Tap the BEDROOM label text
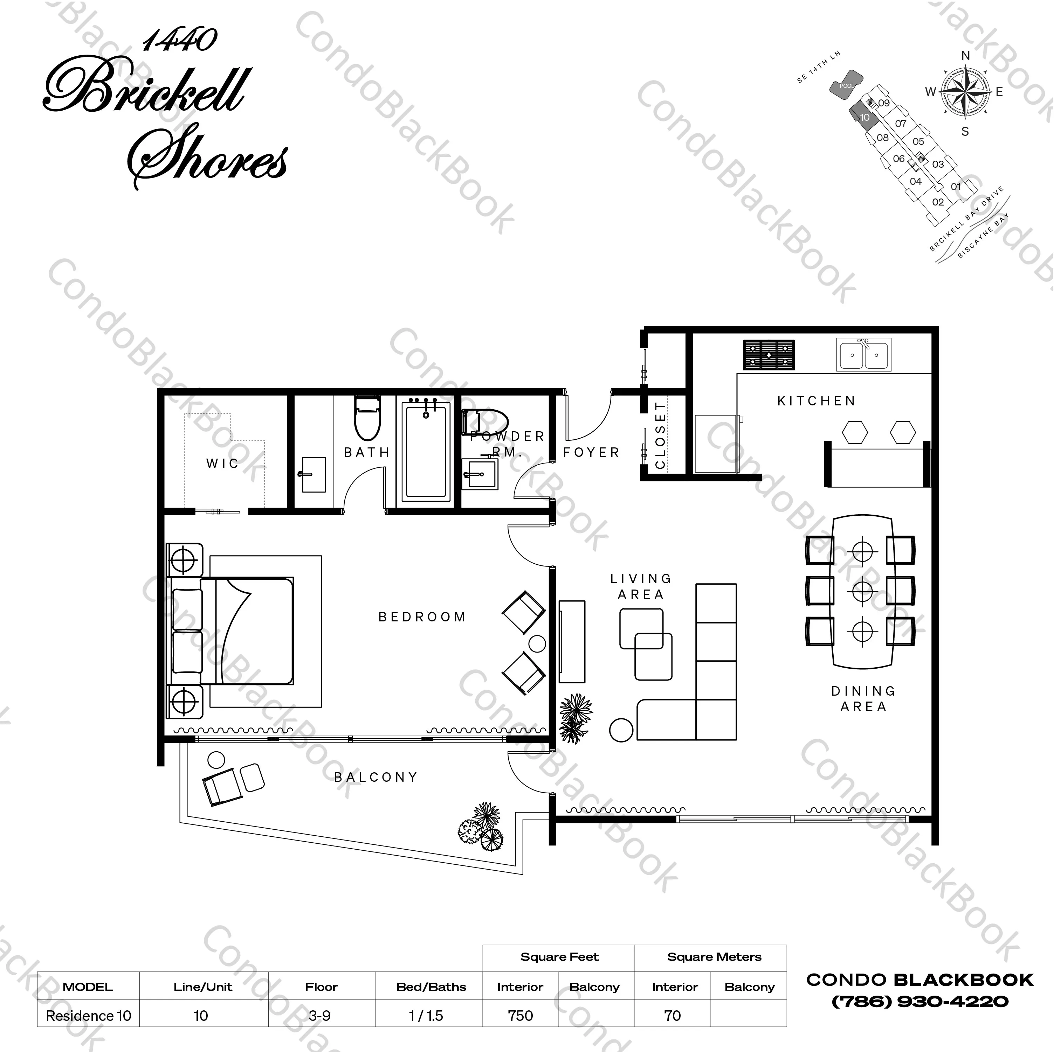(x=422, y=617)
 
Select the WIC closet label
(x=222, y=464)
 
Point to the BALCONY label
(x=376, y=777)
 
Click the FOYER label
(x=591, y=452)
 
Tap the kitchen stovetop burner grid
(x=769, y=355)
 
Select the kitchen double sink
(x=863, y=355)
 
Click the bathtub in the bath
(x=426, y=451)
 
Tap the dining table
(x=862, y=591)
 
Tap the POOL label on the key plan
(x=846, y=86)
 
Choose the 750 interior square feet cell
(x=520, y=1016)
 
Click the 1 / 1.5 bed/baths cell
(x=426, y=1016)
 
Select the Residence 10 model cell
(x=88, y=1016)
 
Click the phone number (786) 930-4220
(x=920, y=1001)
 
